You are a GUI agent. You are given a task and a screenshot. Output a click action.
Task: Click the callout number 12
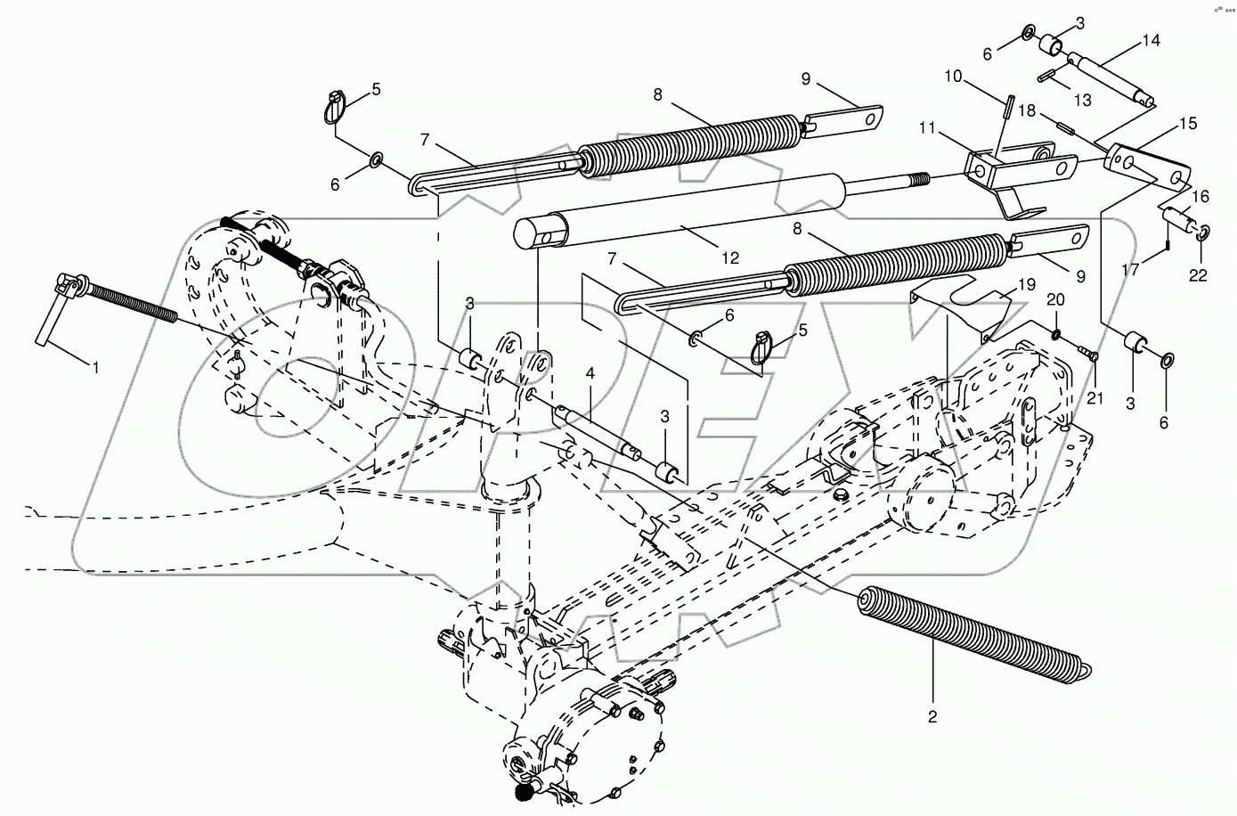pyautogui.click(x=730, y=258)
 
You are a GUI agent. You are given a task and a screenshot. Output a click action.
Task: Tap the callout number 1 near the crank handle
pyautogui.click(x=95, y=367)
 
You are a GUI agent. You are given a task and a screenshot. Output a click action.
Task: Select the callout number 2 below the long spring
pyautogui.click(x=932, y=717)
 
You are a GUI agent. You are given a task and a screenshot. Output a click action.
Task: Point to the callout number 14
pyautogui.click(x=1151, y=40)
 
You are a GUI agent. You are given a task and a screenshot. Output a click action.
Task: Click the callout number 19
pyautogui.click(x=1027, y=285)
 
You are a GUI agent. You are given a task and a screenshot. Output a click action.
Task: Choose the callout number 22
pyautogui.click(x=1198, y=275)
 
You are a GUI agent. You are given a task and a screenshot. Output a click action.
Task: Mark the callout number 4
pyautogui.click(x=590, y=374)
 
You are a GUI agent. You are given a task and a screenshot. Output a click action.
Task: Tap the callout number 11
pyautogui.click(x=927, y=128)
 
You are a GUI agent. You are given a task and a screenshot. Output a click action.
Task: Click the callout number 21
pyautogui.click(x=1095, y=398)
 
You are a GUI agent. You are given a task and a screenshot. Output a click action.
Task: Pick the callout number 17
pyautogui.click(x=1130, y=270)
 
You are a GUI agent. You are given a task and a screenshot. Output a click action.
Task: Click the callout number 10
pyautogui.click(x=953, y=77)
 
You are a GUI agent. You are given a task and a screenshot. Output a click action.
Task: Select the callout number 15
pyautogui.click(x=1188, y=123)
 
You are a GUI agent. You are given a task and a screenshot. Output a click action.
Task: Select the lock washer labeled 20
pyautogui.click(x=1055, y=333)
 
